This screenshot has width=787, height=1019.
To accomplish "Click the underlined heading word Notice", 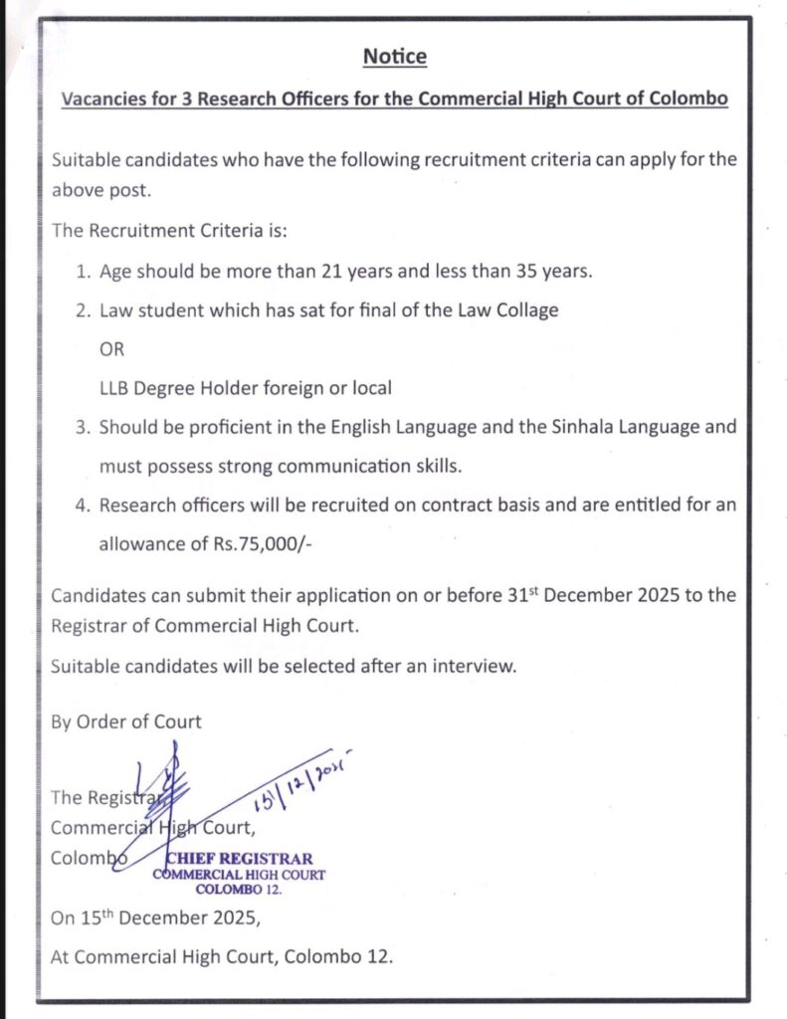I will tap(394, 57).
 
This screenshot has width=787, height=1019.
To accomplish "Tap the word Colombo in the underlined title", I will tap(687, 100).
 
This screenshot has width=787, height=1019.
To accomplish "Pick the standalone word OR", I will tap(111, 349).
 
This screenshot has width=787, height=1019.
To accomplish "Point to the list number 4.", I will tap(83, 505).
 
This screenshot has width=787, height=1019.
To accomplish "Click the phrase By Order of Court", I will tap(126, 721).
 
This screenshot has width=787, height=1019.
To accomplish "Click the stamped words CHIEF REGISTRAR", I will tap(240, 859).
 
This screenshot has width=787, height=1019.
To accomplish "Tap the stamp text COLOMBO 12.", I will tap(239, 889).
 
